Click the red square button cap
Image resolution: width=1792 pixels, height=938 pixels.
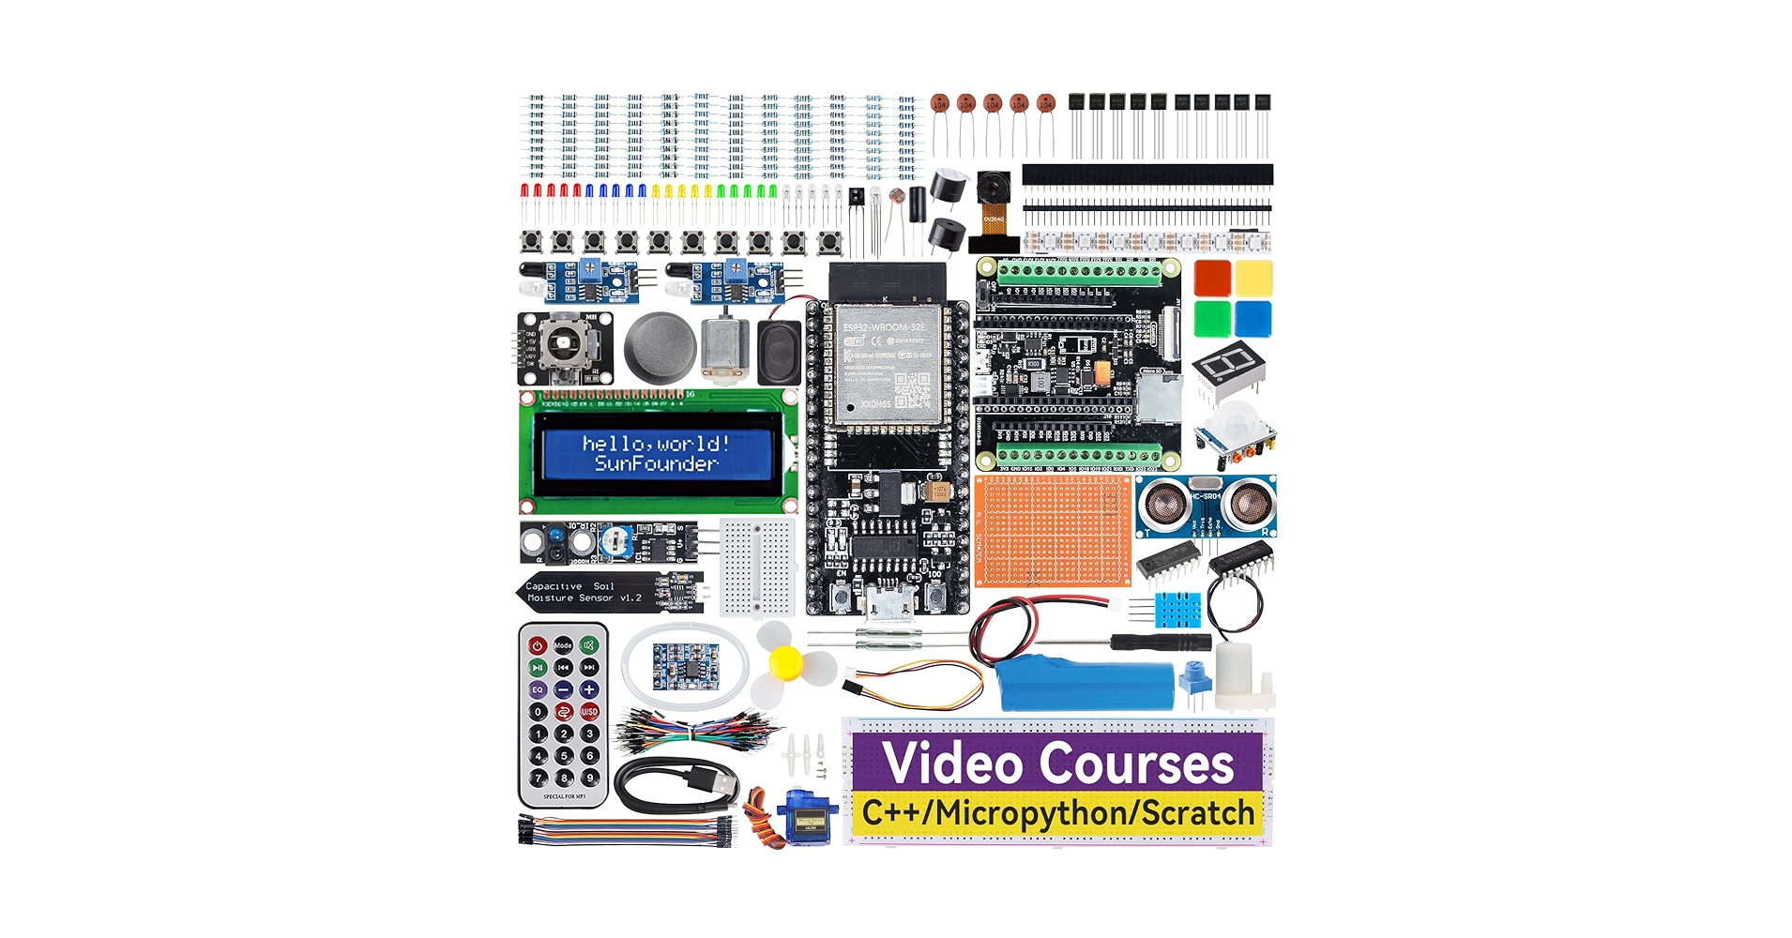(1212, 279)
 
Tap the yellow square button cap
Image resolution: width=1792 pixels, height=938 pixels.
(1253, 279)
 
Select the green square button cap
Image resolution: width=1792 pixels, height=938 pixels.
(1212, 319)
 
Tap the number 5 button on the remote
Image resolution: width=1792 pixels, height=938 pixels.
(563, 756)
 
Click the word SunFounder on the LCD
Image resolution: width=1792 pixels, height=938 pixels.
(656, 463)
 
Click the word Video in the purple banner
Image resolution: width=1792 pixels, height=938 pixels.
(951, 764)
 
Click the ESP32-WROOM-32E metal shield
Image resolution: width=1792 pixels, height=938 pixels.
(886, 369)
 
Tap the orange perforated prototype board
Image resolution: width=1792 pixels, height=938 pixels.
(1053, 529)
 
